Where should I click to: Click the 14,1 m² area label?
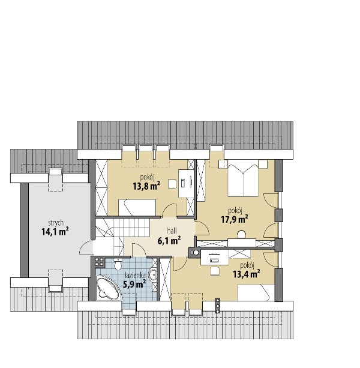click(55, 232)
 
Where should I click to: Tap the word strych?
click(56, 223)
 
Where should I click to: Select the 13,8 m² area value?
click(146, 186)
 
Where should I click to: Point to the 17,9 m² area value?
click(235, 219)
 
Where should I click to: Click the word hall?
click(172, 231)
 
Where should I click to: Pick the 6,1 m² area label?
click(169, 241)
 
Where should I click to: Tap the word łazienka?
click(136, 275)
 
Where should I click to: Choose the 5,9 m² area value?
click(134, 284)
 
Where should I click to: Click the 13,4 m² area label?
click(247, 274)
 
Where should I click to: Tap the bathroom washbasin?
click(153, 275)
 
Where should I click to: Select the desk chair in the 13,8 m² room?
click(172, 184)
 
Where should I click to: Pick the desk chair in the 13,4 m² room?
click(215, 271)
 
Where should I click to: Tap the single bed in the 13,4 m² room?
click(256, 292)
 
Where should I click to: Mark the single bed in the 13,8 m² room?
click(137, 208)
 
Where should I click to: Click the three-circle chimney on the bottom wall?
click(218, 306)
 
